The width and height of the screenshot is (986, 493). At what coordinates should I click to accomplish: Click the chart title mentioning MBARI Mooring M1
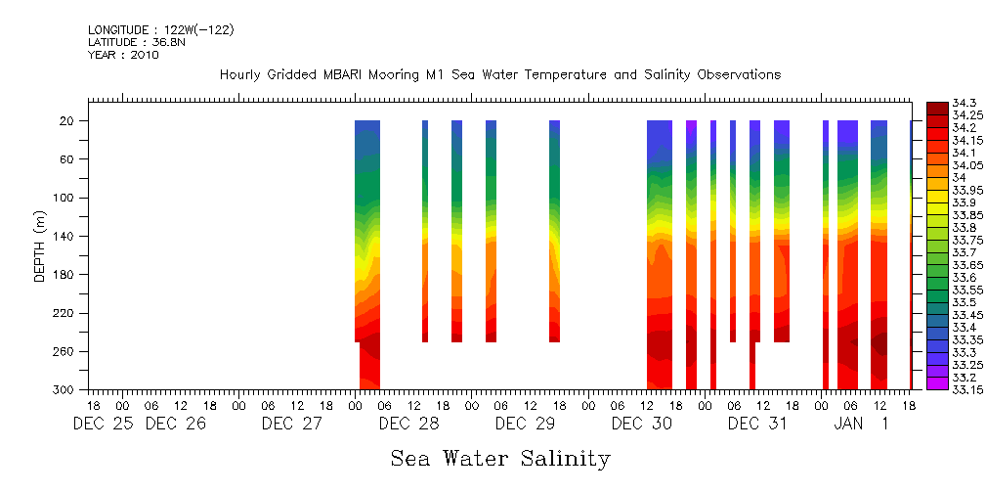click(499, 75)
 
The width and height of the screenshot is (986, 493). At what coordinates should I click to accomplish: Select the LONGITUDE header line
click(160, 30)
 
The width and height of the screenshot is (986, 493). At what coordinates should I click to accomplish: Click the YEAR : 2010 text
click(123, 56)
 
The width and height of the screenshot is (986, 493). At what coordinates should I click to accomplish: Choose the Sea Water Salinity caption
click(500, 459)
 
